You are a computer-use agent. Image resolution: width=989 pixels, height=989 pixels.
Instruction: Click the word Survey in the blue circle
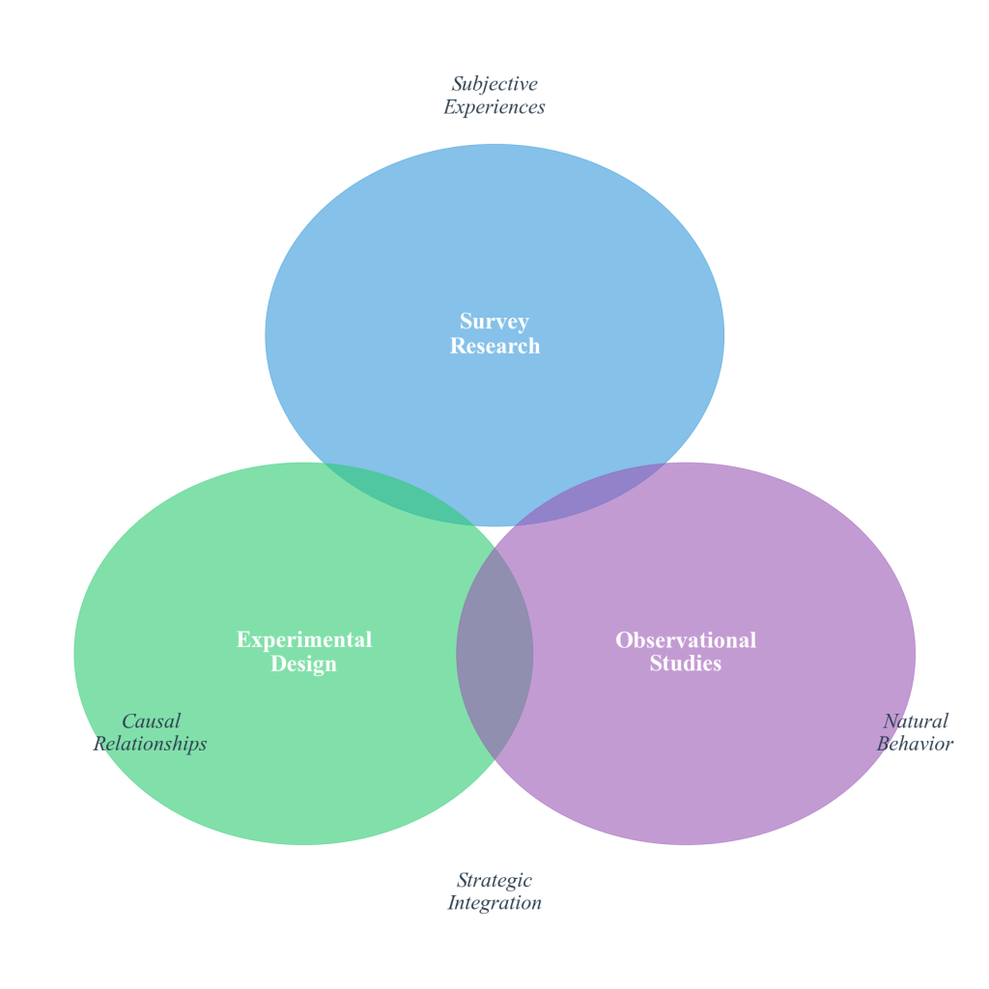click(494, 322)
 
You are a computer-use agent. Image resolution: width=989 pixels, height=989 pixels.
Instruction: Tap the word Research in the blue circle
click(494, 346)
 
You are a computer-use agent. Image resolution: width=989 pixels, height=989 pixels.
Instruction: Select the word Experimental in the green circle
click(304, 639)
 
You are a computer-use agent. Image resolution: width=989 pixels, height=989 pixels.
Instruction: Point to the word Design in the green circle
click(304, 664)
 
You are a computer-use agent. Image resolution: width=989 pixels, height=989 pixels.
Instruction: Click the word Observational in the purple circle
click(686, 639)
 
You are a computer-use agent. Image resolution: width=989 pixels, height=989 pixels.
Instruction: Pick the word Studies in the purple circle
click(686, 664)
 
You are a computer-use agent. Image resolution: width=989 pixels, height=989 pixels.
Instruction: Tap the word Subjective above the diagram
click(494, 84)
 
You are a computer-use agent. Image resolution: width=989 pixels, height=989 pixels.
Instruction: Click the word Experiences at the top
click(494, 107)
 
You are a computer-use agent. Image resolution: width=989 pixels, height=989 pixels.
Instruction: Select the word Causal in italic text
click(151, 721)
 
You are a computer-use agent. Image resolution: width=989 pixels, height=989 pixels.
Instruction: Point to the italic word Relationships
click(151, 745)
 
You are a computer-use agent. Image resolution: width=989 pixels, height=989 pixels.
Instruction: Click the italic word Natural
click(916, 721)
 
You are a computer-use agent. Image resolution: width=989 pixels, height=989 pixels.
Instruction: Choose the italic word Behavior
click(916, 745)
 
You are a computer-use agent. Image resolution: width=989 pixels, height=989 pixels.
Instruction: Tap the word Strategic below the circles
click(494, 881)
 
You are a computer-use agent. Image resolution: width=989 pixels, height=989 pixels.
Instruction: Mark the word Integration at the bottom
click(494, 904)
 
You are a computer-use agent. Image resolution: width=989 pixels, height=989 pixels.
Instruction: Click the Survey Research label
click(494, 334)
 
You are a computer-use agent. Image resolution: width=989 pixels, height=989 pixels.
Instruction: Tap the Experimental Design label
click(304, 652)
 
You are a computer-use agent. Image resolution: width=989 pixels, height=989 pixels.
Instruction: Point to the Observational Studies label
click(686, 652)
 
